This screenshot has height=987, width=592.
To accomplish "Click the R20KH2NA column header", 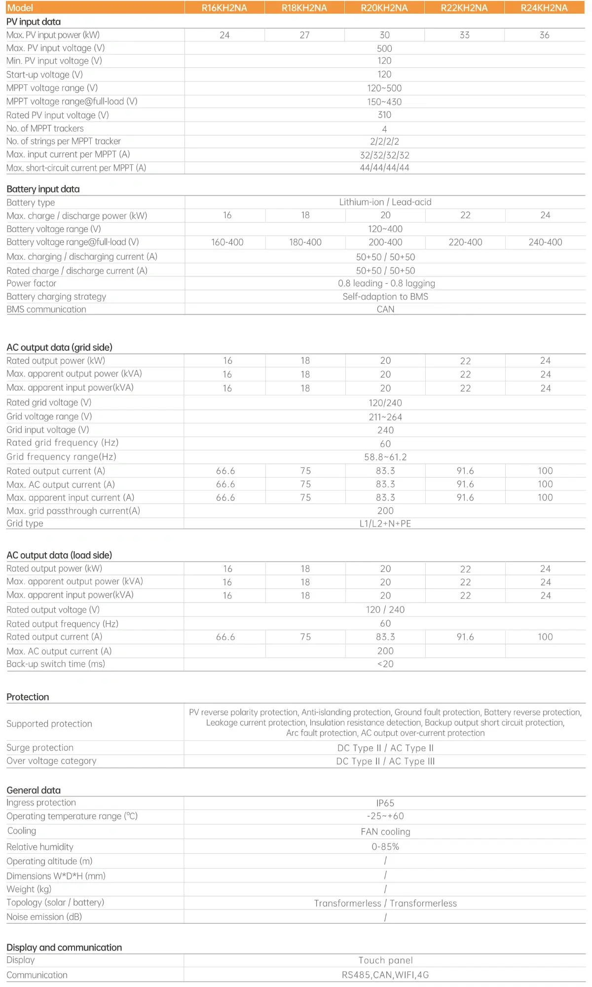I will (384, 8).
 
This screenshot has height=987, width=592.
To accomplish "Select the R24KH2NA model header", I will (544, 8).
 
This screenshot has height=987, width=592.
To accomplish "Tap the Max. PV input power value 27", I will (304, 35).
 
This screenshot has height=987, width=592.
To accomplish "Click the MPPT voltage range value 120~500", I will (384, 88).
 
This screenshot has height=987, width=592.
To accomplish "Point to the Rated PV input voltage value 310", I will (384, 115).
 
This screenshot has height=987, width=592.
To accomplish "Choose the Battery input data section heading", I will (43, 189).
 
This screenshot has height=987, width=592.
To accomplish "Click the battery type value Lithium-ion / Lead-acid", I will (385, 202).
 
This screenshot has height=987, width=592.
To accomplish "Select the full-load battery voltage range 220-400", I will (465, 242).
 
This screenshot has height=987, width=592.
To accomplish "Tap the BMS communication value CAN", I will (385, 309).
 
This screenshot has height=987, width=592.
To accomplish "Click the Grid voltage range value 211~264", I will (385, 417).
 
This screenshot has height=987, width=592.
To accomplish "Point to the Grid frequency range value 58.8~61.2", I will (385, 457).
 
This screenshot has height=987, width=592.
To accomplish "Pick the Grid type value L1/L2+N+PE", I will (385, 524).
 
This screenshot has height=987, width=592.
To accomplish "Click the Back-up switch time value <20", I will (385, 664).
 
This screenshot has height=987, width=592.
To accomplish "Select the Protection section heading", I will (28, 697).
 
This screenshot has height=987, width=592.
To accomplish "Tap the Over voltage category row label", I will (51, 761).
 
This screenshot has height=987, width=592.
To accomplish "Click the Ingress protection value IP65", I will (385, 803).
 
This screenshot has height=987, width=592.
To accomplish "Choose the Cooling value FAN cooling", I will (385, 832).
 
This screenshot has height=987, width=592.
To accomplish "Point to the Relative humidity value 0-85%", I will (385, 847).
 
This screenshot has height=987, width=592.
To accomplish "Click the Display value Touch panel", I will (385, 960).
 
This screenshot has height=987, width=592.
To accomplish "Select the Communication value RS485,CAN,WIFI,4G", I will (385, 975).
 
